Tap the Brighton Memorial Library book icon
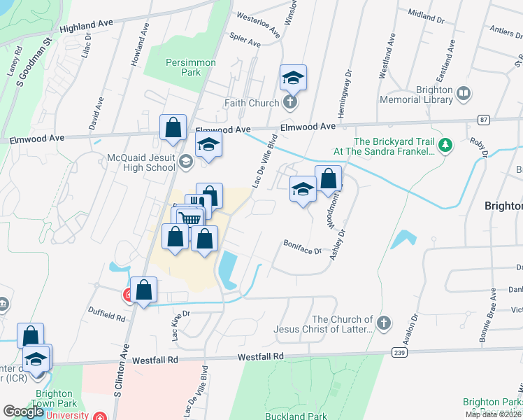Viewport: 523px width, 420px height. click(463, 93)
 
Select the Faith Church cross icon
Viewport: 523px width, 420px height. click(291, 104)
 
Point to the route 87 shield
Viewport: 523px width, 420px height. click(483, 120)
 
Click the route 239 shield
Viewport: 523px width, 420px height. click(399, 352)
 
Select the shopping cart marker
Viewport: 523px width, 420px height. click(189, 218)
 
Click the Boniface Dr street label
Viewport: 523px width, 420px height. click(302, 246)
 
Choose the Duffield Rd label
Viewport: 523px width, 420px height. click(106, 317)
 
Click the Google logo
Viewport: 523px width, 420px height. click(23, 412)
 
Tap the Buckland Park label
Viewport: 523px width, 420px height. click(298, 416)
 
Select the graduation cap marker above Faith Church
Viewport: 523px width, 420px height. click(294, 79)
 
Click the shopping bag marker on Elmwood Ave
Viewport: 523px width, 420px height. click(173, 129)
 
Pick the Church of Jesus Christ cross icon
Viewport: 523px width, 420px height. click(382, 323)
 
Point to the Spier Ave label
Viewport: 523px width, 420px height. click(245, 43)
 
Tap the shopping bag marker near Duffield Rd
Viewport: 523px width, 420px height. click(144, 290)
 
